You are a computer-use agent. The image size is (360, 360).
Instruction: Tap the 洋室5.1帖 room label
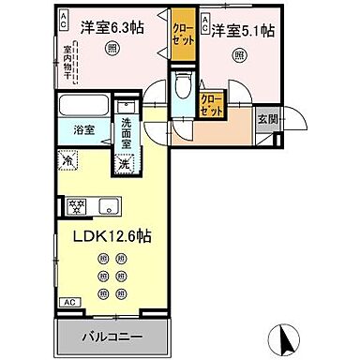tap(242, 30)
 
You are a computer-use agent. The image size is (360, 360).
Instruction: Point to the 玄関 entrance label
tap(268, 119)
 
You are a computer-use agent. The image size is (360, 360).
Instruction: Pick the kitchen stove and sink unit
tap(91, 206)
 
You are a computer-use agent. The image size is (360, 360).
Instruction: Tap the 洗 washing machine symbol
tap(124, 163)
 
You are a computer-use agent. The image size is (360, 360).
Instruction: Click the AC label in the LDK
tap(68, 302)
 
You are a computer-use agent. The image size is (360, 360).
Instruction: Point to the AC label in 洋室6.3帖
tap(63, 22)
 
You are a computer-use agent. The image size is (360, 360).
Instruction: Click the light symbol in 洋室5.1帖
tap(238, 55)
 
